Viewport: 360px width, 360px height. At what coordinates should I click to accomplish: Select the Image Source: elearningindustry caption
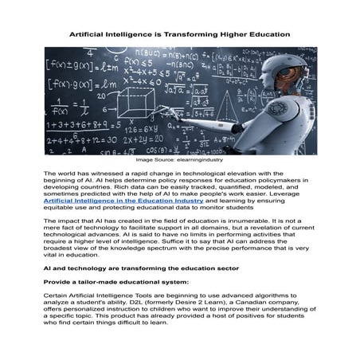point(180,160)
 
